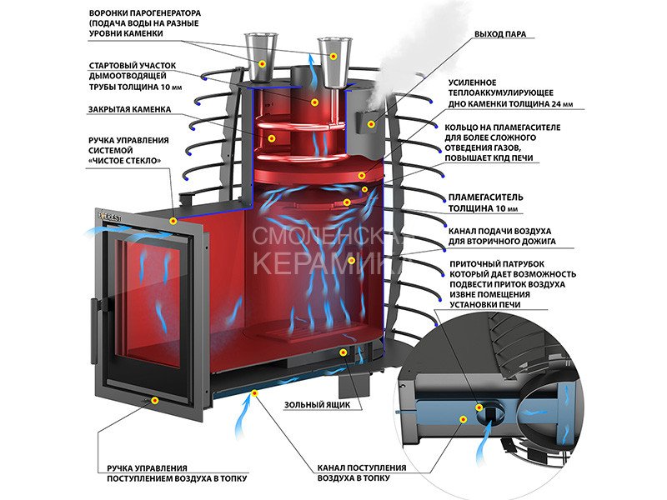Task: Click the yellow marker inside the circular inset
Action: point(481,408)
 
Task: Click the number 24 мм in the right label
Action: point(550,105)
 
